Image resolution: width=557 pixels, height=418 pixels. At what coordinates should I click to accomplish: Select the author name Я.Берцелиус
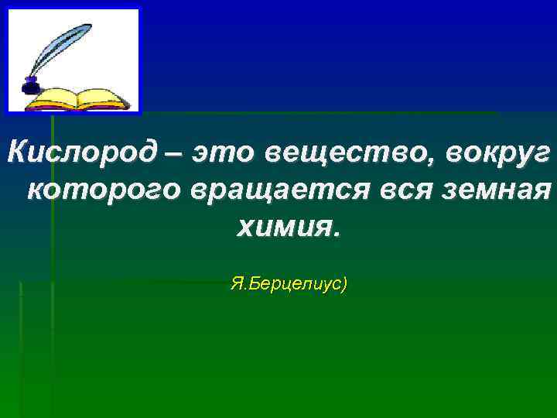click(285, 285)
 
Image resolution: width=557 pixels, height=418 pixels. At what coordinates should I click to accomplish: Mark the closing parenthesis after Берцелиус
click(345, 285)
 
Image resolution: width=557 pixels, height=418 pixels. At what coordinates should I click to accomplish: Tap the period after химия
click(334, 233)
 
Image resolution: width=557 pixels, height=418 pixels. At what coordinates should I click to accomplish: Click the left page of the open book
click(54, 98)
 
